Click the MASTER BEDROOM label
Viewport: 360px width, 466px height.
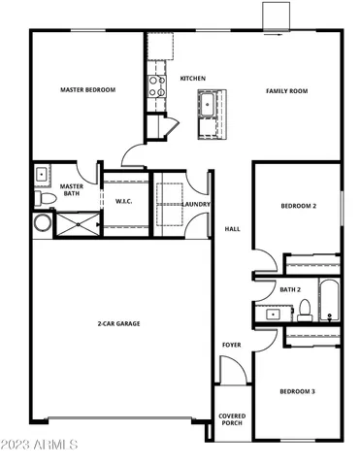pyautogui.click(x=87, y=90)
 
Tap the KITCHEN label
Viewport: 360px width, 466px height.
pyautogui.click(x=192, y=77)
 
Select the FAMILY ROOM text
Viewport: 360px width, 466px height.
pyautogui.click(x=286, y=90)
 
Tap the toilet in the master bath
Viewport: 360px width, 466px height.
pyautogui.click(x=45, y=199)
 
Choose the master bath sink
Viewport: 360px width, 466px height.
pyautogui.click(x=42, y=176)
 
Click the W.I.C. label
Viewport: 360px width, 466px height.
pyautogui.click(x=123, y=202)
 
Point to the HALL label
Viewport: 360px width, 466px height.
pyautogui.click(x=232, y=229)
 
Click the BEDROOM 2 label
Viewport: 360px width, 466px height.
pyautogui.click(x=298, y=207)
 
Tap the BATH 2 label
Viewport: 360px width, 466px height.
pyautogui.click(x=290, y=289)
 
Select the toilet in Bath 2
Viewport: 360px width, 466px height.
pyautogui.click(x=304, y=310)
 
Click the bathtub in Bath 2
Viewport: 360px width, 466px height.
pyautogui.click(x=331, y=300)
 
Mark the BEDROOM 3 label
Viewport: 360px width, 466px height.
pyautogui.click(x=298, y=390)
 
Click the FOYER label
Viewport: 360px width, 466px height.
pyautogui.click(x=232, y=344)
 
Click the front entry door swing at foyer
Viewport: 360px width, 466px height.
pyautogui.click(x=231, y=370)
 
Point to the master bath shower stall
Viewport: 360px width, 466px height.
pyautogui.click(x=76, y=223)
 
